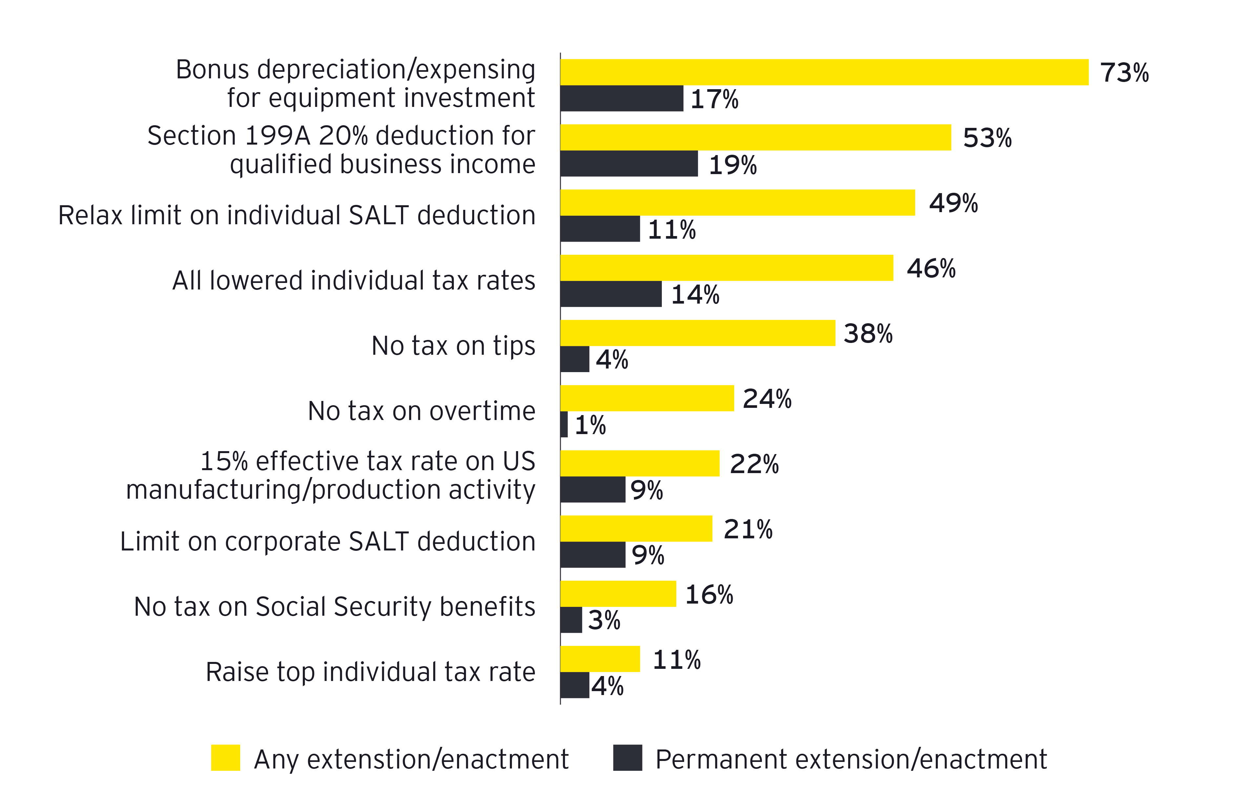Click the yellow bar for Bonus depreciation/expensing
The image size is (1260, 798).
pos(824,72)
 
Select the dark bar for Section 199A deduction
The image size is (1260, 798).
pos(629,164)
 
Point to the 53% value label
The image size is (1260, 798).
pos(987,138)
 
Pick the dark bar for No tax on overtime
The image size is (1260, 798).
pos(564,424)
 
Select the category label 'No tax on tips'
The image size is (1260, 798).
pos(453,346)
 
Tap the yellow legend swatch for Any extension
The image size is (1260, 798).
pos(225,758)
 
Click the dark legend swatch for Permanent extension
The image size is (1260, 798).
pos(627,758)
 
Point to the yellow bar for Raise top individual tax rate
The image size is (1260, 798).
pos(600,659)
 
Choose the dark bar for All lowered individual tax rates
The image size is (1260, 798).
pos(611,294)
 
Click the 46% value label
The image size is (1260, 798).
pos(931,268)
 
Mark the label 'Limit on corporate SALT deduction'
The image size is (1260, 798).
pos(327,541)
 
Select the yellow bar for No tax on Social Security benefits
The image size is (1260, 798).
pos(618,593)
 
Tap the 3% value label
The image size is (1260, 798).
pos(604,620)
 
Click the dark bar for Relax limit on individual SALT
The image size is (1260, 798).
pos(600,229)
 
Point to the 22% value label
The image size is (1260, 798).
pos(754,464)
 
